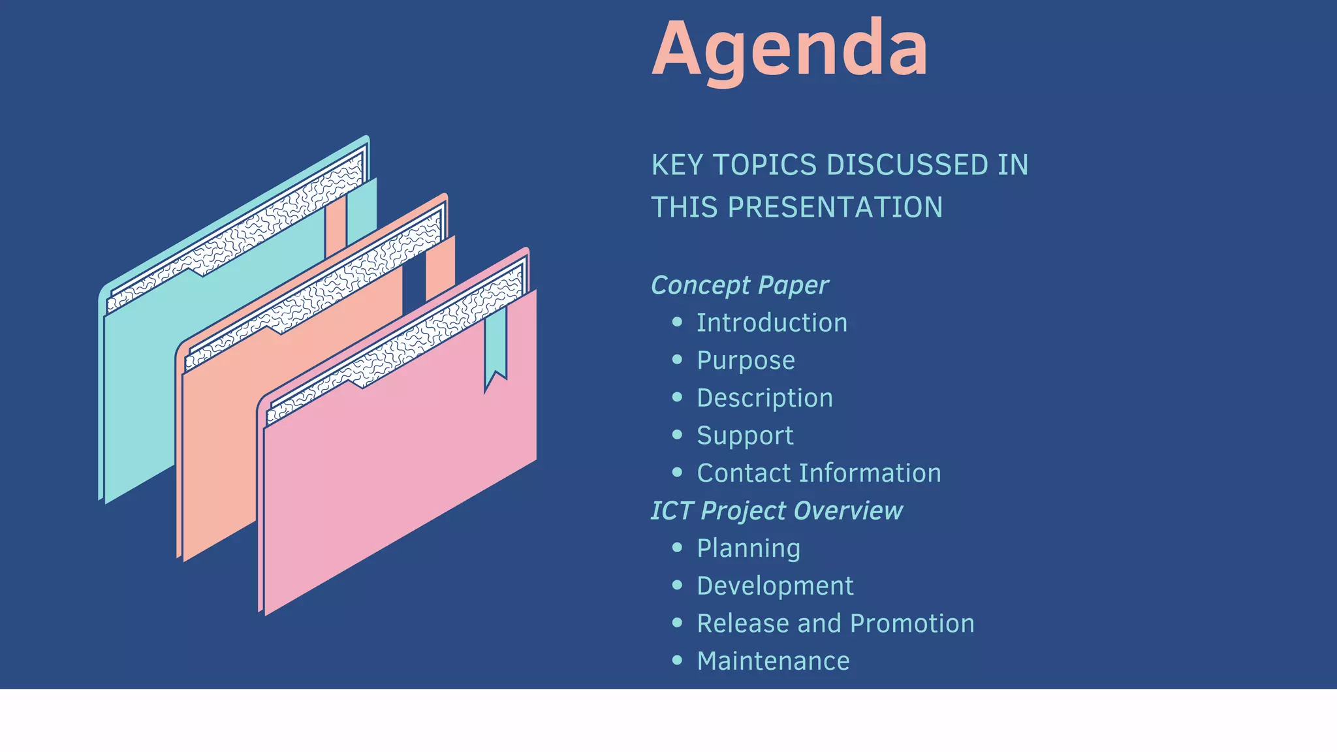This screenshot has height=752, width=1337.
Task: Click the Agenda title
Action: pos(790,50)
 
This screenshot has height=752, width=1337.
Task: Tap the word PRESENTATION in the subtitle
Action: pos(835,208)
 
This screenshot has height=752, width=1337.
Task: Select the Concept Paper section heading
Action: pos(740,285)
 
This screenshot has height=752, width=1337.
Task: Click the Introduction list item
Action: pos(772,323)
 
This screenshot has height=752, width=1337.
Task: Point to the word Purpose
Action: pos(746,361)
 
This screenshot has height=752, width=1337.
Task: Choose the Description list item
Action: pos(764,398)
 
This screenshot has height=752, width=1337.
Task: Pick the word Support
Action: pos(745,436)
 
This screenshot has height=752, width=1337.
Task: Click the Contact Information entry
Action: pos(819,473)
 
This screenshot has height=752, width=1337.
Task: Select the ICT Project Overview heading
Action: pos(777,510)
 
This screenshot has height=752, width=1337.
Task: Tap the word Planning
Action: pos(748,548)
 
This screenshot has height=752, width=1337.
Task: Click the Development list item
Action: pos(775,586)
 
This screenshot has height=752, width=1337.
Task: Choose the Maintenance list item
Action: pos(773,661)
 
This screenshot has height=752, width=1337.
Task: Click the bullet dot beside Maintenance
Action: pos(677,661)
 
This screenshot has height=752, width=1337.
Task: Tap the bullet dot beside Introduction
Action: pos(677,322)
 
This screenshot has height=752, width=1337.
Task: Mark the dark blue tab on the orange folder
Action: pos(413,287)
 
